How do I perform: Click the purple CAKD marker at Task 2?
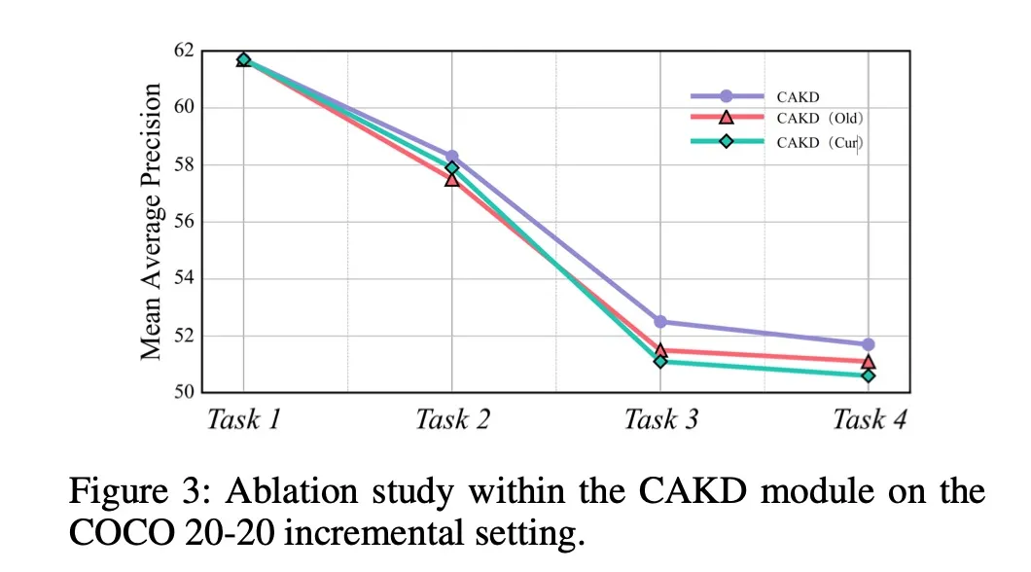[x=451, y=156]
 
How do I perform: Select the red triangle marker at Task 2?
[x=451, y=179]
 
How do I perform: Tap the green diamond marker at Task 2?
[x=451, y=167]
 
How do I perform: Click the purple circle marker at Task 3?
[x=660, y=321]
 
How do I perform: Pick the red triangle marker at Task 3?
[x=660, y=350]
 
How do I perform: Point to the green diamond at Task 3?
[x=660, y=361]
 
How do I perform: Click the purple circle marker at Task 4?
[x=869, y=344]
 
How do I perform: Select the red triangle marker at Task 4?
[x=869, y=361]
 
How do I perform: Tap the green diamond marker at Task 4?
[x=869, y=375]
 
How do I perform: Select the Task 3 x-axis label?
[x=660, y=420]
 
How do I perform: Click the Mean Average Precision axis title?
[x=151, y=222]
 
